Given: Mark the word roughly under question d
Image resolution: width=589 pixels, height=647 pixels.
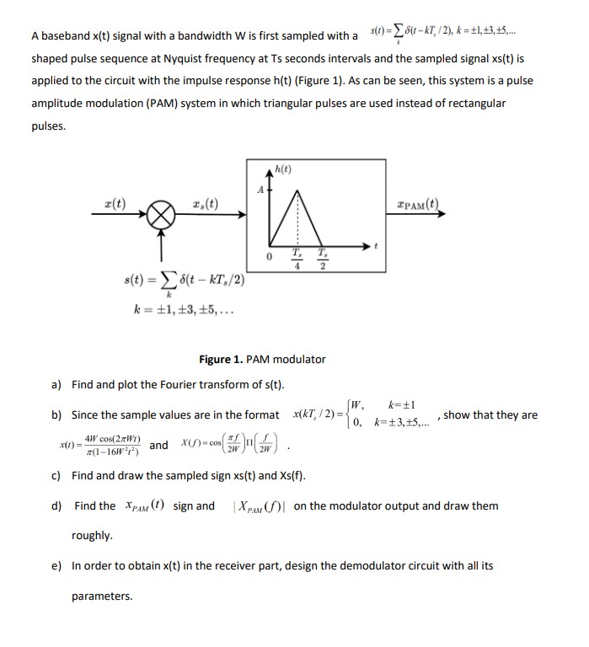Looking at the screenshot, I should coord(91,536).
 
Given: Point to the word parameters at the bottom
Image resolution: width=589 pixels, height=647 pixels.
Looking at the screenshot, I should coord(102,596).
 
